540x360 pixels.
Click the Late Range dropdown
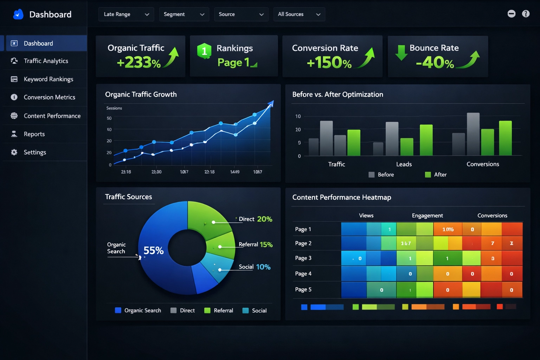(126, 14)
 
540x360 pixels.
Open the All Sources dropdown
(299, 14)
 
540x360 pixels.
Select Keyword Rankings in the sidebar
(48, 79)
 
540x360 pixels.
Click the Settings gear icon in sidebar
(14, 152)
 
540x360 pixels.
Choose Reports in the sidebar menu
(34, 134)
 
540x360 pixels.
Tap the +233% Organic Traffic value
(139, 63)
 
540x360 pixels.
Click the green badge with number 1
(204, 51)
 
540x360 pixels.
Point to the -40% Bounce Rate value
(435, 63)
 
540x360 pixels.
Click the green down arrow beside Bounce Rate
(401, 52)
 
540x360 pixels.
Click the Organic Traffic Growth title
(141, 94)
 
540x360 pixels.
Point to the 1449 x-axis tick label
(234, 172)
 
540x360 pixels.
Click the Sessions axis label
(114, 108)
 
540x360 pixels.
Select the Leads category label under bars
(404, 164)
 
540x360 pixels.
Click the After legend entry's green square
(428, 175)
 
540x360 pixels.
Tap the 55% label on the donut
(153, 250)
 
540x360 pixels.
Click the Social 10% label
(255, 267)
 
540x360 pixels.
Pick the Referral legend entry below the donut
(219, 310)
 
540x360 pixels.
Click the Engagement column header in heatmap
(427, 216)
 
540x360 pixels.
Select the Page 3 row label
(303, 258)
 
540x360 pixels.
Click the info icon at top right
(526, 14)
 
